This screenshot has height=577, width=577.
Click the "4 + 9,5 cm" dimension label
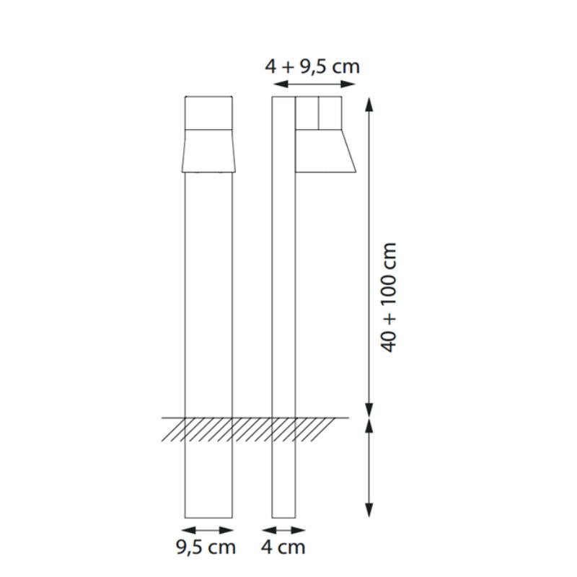click(312, 66)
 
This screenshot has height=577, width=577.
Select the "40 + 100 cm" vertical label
click(389, 296)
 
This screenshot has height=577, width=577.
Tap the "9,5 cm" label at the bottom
click(206, 547)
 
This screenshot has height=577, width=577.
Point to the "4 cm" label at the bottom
click(283, 547)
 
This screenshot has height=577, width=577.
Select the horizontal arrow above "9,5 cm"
click(208, 528)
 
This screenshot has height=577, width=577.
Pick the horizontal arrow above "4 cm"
click(283, 528)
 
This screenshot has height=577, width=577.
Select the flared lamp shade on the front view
click(208, 151)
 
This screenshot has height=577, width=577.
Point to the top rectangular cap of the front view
click(208, 113)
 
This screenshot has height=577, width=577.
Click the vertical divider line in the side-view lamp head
click(318, 113)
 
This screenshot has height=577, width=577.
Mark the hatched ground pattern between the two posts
click(252, 428)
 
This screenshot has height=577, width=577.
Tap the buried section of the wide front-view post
click(208, 476)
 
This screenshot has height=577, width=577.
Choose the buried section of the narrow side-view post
click(283, 476)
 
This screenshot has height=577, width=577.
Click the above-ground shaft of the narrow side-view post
click(283, 288)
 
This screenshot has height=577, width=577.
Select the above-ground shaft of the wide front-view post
click(208, 288)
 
